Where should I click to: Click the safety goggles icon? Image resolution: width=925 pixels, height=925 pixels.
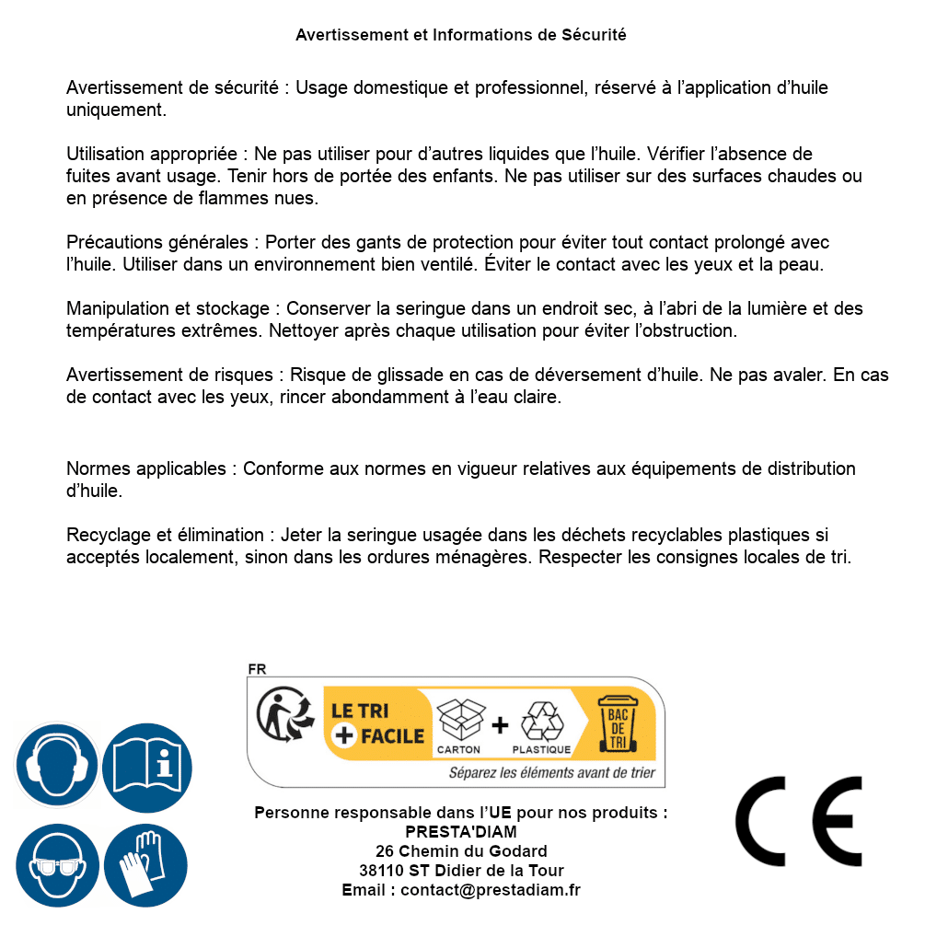pyautogui.click(x=56, y=865)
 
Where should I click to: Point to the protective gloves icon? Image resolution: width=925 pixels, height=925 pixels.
pyautogui.click(x=145, y=865)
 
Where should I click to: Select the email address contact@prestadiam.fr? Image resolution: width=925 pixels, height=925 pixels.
pyautogui.click(x=491, y=890)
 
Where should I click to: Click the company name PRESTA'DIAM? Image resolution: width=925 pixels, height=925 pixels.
pyautogui.click(x=461, y=832)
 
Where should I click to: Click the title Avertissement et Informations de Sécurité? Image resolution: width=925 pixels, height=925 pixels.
pyautogui.click(x=461, y=35)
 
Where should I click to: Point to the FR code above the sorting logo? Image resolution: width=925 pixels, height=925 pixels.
pyautogui.click(x=257, y=669)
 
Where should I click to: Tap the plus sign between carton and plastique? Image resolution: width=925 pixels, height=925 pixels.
pyautogui.click(x=500, y=725)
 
